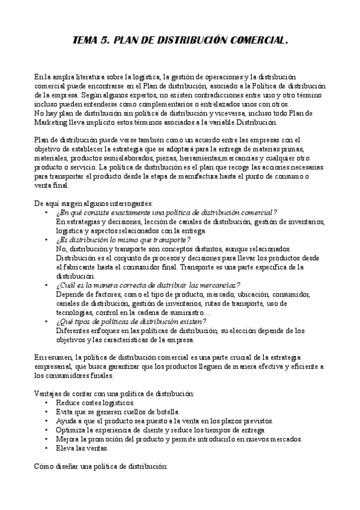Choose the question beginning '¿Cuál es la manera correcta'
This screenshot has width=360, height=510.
(x=147, y=284)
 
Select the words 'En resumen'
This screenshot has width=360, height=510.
(x=53, y=357)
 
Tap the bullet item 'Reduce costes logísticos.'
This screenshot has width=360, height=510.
(x=95, y=402)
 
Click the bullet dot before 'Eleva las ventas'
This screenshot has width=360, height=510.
(x=46, y=448)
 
